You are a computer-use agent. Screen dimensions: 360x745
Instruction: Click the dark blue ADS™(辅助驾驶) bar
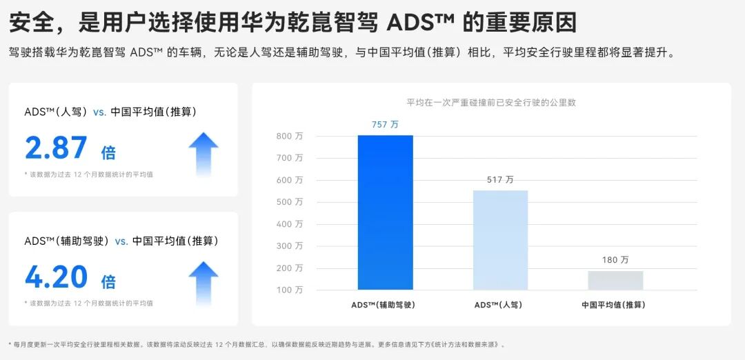[x=385, y=212]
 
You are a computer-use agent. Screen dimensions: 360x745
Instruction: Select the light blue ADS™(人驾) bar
[x=500, y=240]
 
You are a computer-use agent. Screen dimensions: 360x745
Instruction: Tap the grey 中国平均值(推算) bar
[x=615, y=280]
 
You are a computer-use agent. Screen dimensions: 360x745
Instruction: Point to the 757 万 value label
[x=385, y=125]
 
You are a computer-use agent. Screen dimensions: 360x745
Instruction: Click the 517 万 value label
[x=500, y=179]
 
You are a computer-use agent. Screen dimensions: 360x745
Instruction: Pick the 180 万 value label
[x=615, y=260]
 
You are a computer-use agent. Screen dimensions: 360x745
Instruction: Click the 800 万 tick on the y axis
[x=290, y=136]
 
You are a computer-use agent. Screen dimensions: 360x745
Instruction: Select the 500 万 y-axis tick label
[x=290, y=202]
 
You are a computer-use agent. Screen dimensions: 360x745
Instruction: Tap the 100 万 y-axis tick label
[x=290, y=290]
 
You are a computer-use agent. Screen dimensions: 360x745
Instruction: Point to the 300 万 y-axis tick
[x=290, y=246]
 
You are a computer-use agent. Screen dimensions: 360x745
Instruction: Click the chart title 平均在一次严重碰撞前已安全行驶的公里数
[x=491, y=102]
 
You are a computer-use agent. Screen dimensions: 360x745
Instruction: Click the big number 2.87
[x=56, y=148]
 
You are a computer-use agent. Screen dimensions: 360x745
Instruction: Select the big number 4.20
[x=56, y=277]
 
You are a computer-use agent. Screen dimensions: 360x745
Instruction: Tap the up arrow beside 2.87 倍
[x=203, y=153]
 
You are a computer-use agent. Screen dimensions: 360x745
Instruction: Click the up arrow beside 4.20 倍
[x=203, y=283]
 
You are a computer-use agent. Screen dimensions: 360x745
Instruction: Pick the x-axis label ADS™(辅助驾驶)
[x=385, y=304]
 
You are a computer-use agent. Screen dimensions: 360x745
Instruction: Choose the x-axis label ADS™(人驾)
[x=500, y=304]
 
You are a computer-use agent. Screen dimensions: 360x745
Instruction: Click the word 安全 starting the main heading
[x=30, y=23]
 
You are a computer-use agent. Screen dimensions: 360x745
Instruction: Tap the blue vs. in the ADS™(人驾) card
[x=99, y=112]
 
